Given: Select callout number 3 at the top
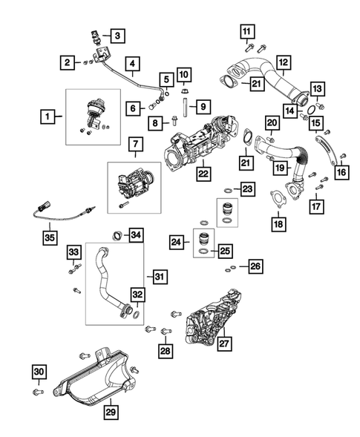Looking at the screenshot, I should tap(119, 34).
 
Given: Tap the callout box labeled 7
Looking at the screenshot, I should tap(136, 142).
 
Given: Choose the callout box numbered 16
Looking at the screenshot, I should tap(341, 173).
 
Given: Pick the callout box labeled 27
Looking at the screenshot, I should tap(223, 343).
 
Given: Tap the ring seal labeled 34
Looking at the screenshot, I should tap(117, 237).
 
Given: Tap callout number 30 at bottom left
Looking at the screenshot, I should tap(39, 371).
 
